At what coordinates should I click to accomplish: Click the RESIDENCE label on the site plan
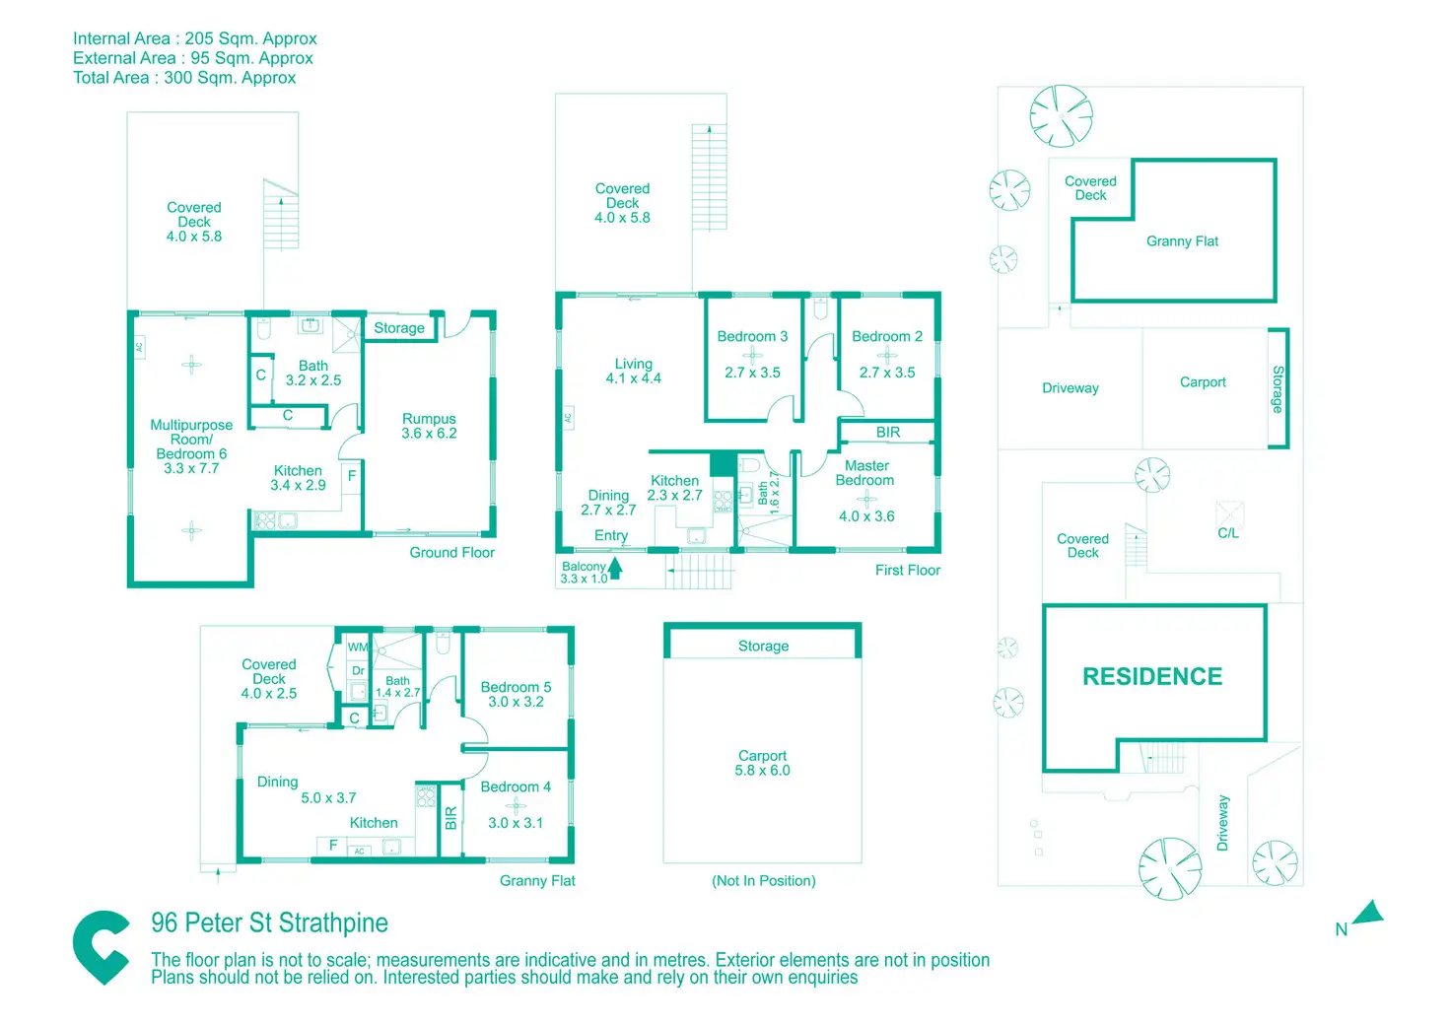[1152, 676]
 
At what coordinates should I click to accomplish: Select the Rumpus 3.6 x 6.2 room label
[429, 426]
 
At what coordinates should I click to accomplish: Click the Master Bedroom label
[865, 473]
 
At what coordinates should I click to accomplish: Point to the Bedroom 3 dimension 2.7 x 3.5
[752, 373]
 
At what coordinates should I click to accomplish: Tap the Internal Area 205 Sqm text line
[195, 38]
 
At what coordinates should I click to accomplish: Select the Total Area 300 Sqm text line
[184, 78]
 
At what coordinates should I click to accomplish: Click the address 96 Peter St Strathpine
[269, 922]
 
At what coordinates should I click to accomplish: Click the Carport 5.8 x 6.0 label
[762, 763]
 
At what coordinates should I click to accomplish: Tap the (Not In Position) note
[764, 881]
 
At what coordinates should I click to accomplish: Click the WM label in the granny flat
[358, 648]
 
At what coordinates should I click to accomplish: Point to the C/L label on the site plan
[1228, 533]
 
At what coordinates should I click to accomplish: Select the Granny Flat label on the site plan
[1182, 241]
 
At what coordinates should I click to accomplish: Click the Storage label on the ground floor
[399, 328]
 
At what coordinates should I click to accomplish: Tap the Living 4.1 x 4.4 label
[633, 371]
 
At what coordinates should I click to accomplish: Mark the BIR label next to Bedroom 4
[450, 818]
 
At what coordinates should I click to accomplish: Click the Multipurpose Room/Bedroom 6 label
[191, 446]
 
